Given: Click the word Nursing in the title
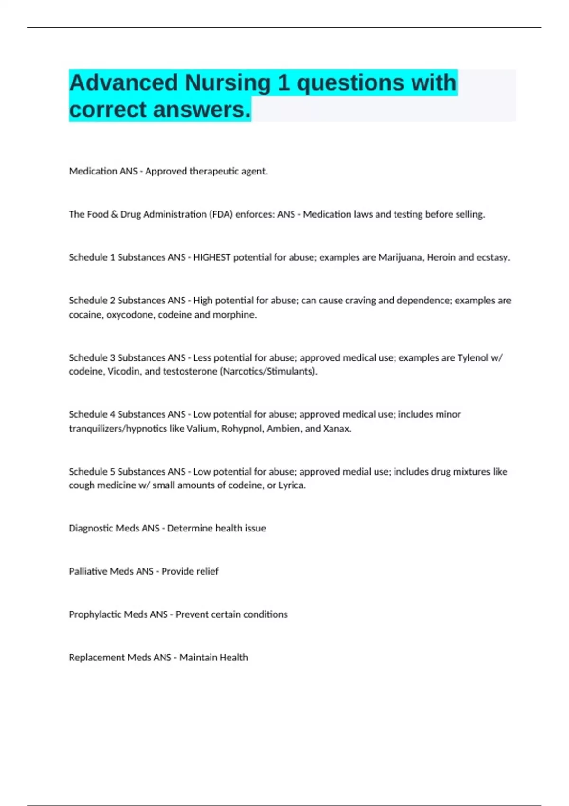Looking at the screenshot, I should click(228, 82).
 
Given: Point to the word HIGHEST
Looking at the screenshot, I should click(211, 257).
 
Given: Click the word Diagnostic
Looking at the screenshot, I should click(90, 528).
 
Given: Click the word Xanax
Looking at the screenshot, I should click(337, 429).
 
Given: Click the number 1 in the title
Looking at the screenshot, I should click(284, 82).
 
